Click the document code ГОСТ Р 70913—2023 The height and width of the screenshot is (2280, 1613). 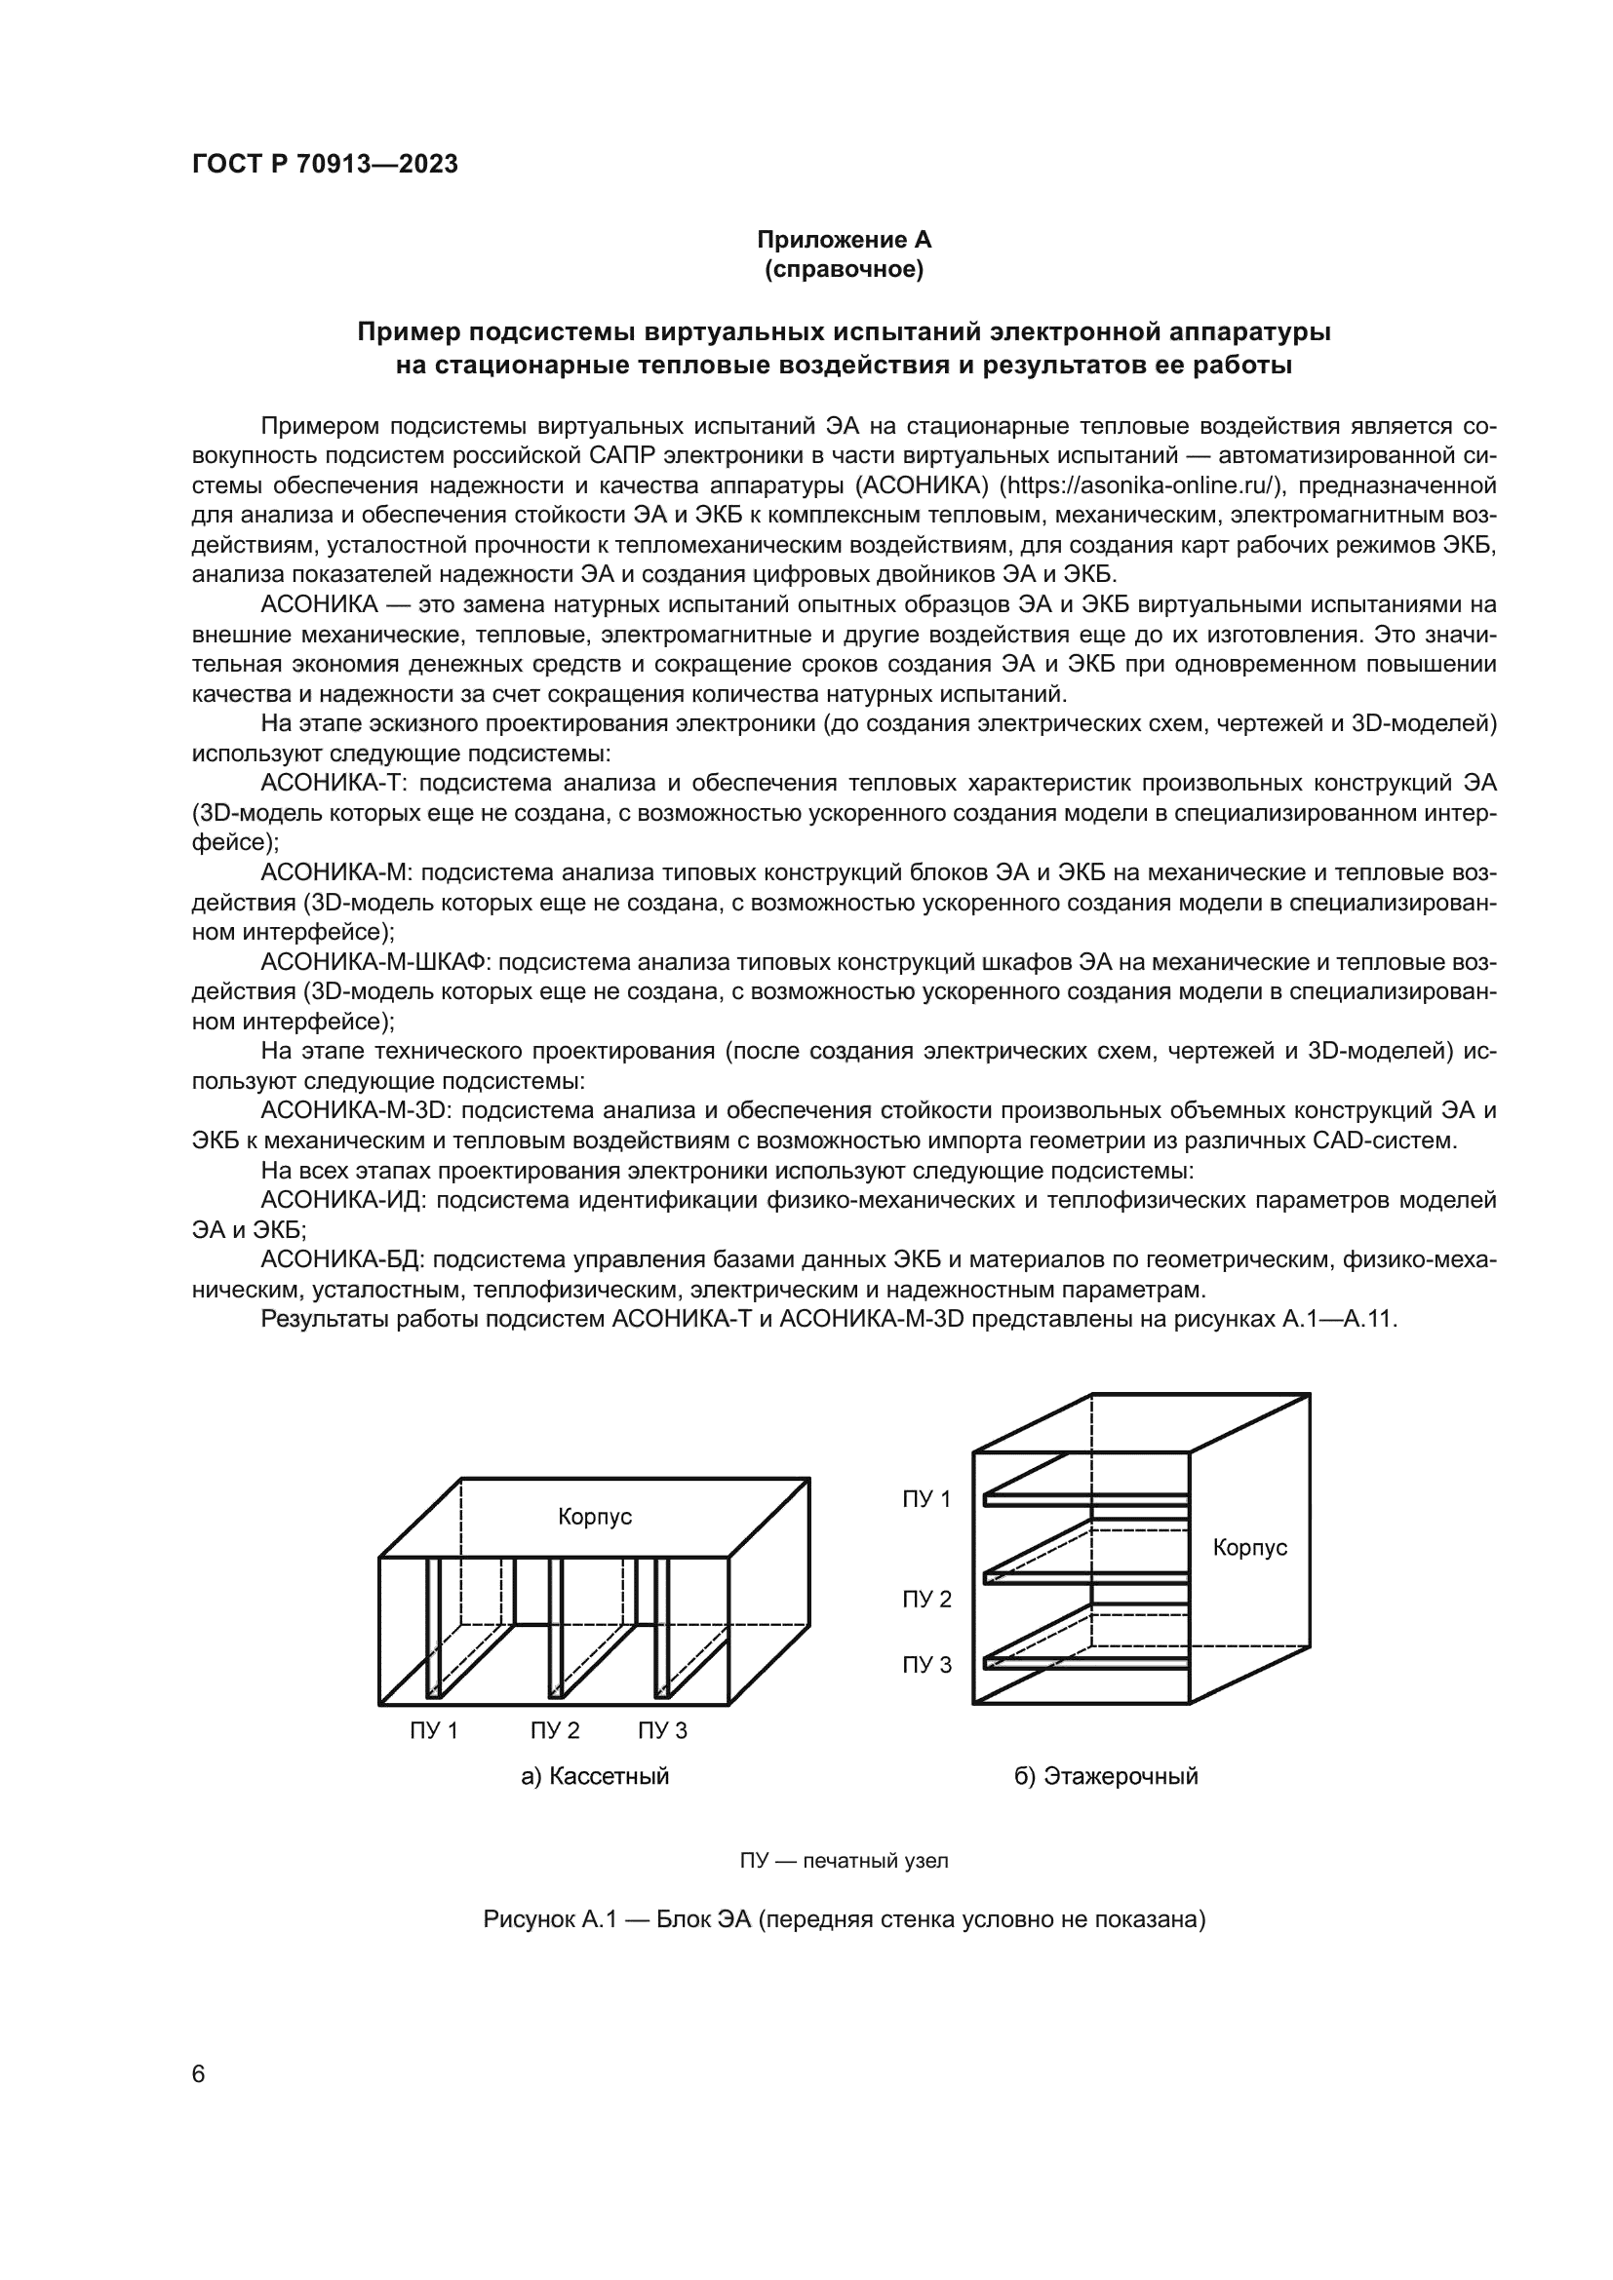click(x=325, y=165)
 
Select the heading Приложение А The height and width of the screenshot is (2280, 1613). click(x=844, y=240)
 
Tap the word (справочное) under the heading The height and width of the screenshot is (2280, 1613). click(x=844, y=270)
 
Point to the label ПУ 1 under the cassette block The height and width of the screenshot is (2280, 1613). click(x=434, y=1731)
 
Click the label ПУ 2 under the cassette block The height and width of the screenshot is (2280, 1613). click(x=554, y=1731)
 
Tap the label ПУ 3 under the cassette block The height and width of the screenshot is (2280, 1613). click(x=662, y=1731)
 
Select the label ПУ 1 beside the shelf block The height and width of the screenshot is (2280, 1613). click(x=925, y=1499)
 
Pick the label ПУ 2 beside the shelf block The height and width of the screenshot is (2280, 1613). click(x=925, y=1599)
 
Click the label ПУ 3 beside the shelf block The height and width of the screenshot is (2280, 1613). click(x=925, y=1665)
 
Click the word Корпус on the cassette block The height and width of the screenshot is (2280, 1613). click(x=595, y=1518)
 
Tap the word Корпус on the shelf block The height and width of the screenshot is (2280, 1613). click(x=1249, y=1548)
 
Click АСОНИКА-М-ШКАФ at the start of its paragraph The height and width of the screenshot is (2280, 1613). click(x=376, y=962)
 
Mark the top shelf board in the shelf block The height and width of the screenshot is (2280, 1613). click(x=1084, y=1500)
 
